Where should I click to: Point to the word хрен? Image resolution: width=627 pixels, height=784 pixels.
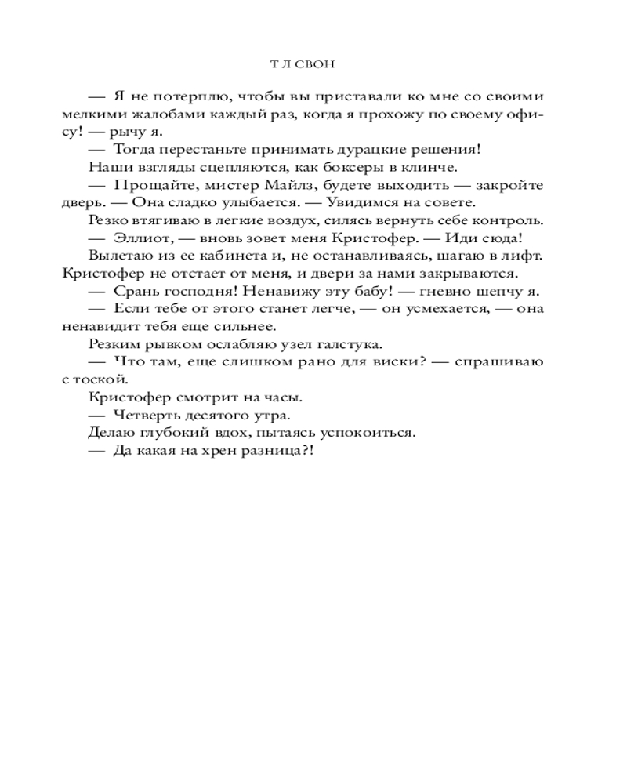(x=218, y=452)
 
